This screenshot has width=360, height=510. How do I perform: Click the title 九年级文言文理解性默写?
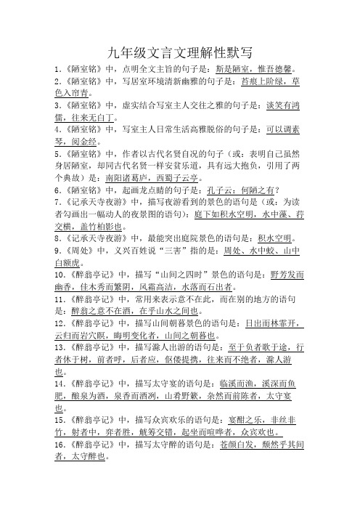click(179, 52)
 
